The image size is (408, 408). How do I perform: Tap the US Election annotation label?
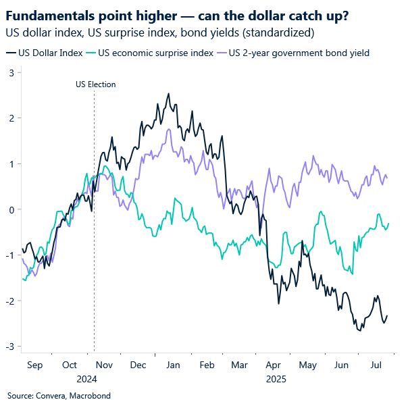[94, 84]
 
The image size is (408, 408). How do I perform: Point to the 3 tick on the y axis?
[11, 72]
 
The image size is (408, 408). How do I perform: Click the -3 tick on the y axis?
[9, 347]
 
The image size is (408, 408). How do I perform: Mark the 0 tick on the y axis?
[11, 209]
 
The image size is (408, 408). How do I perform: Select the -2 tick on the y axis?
[9, 301]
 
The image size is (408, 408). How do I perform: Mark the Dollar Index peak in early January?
[168, 94]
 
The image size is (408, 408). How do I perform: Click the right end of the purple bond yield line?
[387, 178]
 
